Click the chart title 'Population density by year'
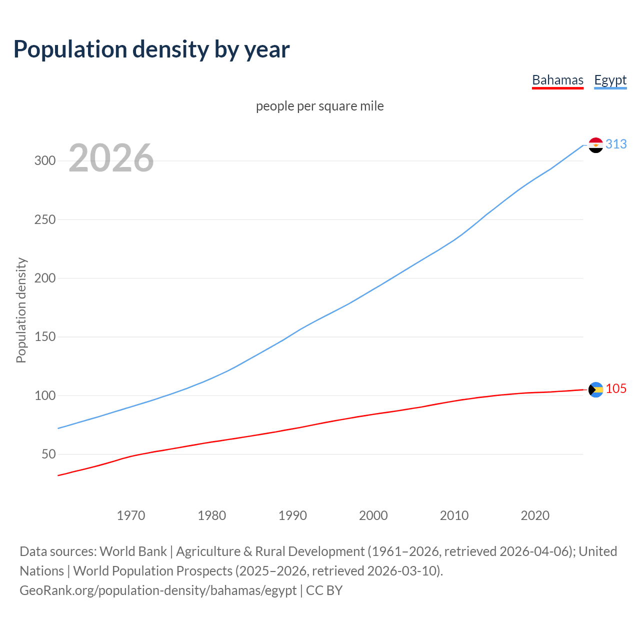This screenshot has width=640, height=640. [x=151, y=49]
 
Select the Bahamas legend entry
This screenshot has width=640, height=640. [x=557, y=80]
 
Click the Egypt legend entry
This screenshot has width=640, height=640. [x=610, y=80]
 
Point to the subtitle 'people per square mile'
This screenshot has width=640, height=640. [x=320, y=106]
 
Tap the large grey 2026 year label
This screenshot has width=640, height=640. [x=111, y=158]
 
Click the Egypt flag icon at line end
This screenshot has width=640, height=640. [x=595, y=145]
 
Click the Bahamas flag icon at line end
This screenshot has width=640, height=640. [x=595, y=389]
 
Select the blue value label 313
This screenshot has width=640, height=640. [x=616, y=144]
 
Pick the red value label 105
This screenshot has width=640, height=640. [x=616, y=388]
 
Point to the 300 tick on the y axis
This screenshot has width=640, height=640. [x=44, y=160]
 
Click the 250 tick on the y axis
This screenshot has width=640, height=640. [x=44, y=219]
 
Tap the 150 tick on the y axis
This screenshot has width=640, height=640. [x=44, y=337]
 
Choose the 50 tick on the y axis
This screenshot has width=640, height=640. [x=48, y=454]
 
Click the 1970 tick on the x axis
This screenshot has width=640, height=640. [x=131, y=515]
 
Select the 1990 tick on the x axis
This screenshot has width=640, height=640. [x=292, y=515]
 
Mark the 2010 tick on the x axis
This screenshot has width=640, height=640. [x=454, y=515]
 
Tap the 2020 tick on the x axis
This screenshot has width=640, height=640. [x=535, y=515]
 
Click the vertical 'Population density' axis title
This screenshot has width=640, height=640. [x=21, y=310]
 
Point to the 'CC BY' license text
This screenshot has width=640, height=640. [x=324, y=590]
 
